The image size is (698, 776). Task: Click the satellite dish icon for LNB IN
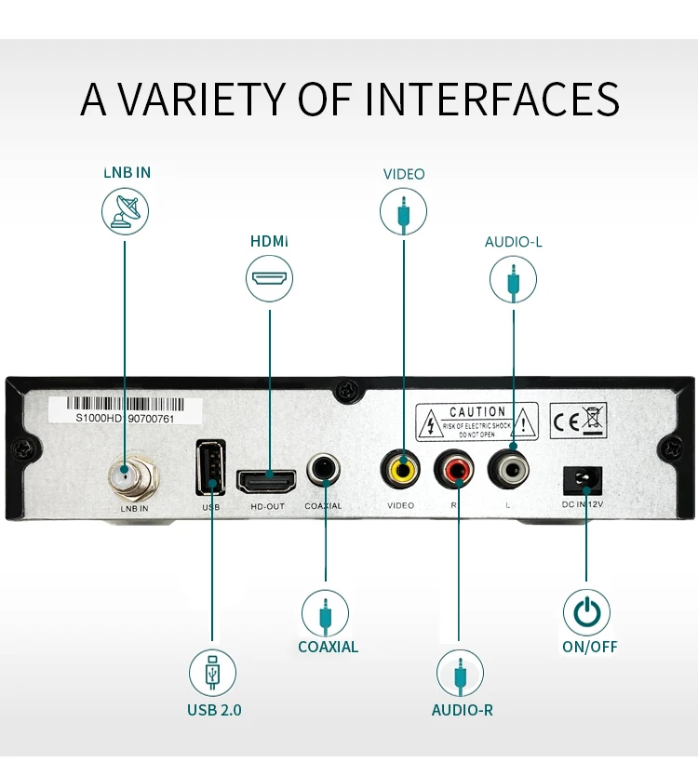[x=125, y=209]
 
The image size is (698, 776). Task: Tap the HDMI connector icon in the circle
[x=270, y=279]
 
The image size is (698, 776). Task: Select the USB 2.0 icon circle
[x=212, y=672]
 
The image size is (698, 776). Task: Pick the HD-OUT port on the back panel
[x=267, y=481]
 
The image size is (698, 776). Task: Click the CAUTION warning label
[x=477, y=421]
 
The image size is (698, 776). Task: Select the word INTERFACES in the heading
[x=492, y=100]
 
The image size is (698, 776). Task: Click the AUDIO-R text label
[x=462, y=710]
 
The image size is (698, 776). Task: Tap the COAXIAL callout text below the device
[x=328, y=647]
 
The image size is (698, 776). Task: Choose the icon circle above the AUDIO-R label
[x=461, y=672]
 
